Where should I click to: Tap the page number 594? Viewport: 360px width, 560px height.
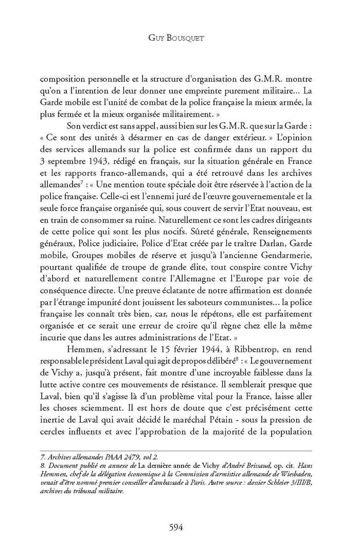click(179, 527)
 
